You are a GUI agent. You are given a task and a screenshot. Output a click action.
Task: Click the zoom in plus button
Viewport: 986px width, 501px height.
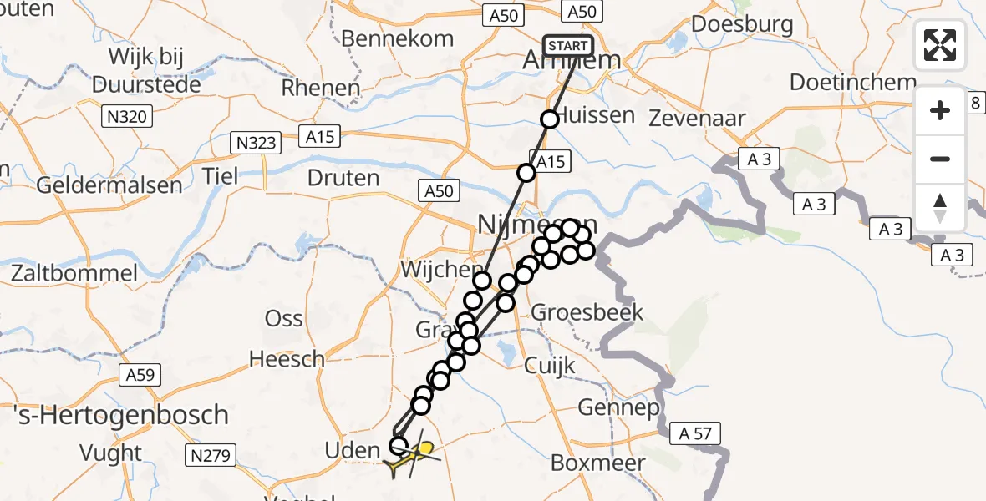tap(940, 110)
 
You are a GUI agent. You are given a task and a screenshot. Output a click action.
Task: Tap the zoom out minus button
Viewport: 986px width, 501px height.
tap(940, 159)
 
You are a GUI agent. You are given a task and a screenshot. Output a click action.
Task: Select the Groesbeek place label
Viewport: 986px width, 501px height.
tap(587, 313)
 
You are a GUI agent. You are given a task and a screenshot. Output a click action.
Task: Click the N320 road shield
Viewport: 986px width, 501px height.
tap(128, 117)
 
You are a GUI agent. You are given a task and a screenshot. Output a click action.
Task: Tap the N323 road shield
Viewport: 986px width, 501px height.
tap(254, 143)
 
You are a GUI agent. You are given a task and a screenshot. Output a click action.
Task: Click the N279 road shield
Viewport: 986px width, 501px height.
tap(207, 455)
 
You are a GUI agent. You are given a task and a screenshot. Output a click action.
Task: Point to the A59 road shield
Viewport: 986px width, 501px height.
tap(139, 375)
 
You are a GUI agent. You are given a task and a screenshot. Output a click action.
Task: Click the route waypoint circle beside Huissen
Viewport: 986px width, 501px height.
tap(550, 119)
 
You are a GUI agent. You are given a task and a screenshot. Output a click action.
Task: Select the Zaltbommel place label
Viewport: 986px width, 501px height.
tap(74, 273)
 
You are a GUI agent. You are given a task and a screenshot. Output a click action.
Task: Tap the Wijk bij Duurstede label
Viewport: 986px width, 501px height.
tap(146, 71)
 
